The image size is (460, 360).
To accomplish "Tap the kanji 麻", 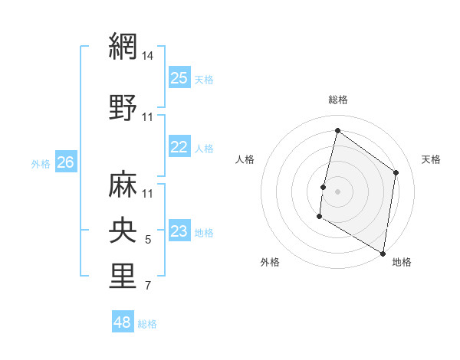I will (123, 184).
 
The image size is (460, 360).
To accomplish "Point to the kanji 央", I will (123, 230).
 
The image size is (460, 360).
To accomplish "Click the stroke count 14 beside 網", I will (148, 56).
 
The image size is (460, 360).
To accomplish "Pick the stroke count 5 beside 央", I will (148, 241).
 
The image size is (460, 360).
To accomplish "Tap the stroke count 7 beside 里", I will (148, 286).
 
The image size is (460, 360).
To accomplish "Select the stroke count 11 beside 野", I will (148, 117).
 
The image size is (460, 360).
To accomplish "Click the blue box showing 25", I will (179, 78).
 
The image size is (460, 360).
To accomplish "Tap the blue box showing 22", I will (179, 147).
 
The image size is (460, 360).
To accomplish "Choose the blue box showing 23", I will (179, 231).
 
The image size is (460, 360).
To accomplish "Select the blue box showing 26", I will (65, 162).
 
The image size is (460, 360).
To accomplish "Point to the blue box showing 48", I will (122, 322).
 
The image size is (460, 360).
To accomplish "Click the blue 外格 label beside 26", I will (41, 163).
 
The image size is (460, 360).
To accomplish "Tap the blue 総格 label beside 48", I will (147, 324).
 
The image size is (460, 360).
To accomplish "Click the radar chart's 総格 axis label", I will (337, 100).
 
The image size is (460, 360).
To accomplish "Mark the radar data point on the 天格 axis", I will (396, 172).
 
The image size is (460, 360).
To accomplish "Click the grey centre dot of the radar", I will (337, 191).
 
